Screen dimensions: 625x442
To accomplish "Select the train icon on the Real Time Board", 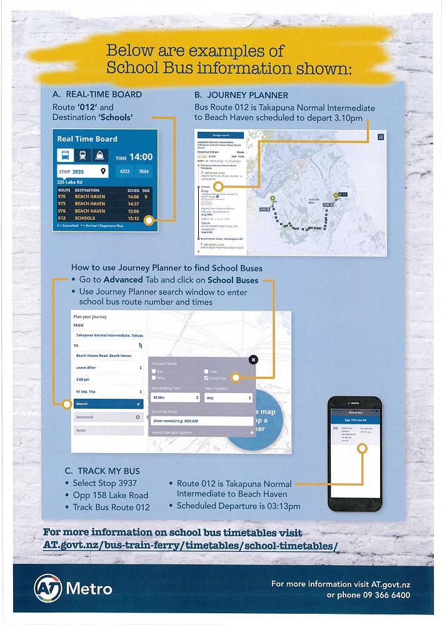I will (83, 156).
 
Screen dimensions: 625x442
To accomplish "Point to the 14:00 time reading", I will (141, 157).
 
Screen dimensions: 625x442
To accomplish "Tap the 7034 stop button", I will (143, 171).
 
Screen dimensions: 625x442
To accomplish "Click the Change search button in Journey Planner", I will (221, 135).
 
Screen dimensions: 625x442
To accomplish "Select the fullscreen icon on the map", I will (381, 136).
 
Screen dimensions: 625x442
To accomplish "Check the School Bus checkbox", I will (207, 378).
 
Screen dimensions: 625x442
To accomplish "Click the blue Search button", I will (108, 404).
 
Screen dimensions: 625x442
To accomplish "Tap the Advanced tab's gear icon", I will (138, 417).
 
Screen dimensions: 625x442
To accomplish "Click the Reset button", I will (108, 430).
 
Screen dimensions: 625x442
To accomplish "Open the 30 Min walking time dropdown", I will (175, 397).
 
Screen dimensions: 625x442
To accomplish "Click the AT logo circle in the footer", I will (48, 587).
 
